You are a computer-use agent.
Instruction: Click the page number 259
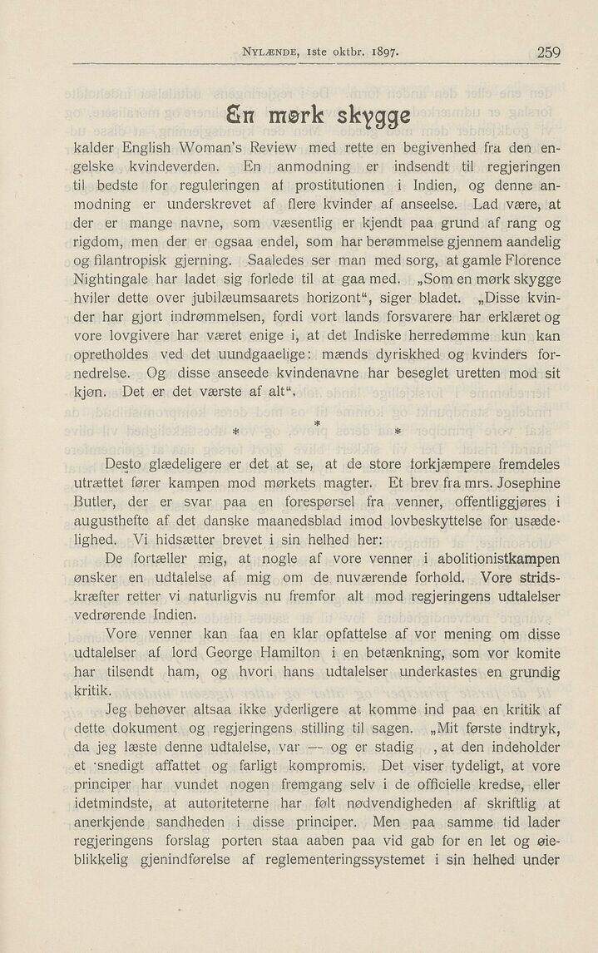click(x=548, y=52)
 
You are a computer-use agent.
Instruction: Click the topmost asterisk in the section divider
click(x=316, y=425)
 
